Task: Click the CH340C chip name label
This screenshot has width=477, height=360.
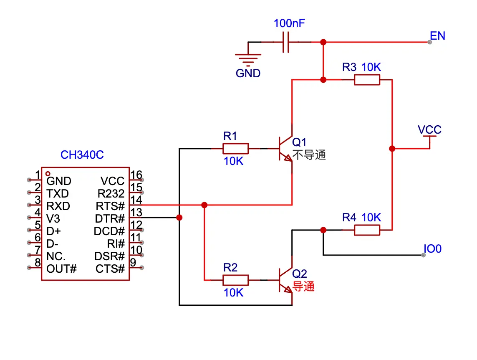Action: pyautogui.click(x=82, y=155)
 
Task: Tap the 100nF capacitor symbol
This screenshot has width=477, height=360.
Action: pyautogui.click(x=285, y=42)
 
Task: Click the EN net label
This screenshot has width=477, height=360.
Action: pyautogui.click(x=437, y=36)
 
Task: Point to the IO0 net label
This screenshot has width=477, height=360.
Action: pyautogui.click(x=432, y=249)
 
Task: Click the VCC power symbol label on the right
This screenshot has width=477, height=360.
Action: pyautogui.click(x=429, y=130)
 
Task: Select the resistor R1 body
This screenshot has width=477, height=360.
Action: pyautogui.click(x=235, y=149)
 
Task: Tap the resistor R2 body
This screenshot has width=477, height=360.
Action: pyautogui.click(x=235, y=280)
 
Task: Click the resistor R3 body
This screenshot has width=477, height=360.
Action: pyautogui.click(x=367, y=80)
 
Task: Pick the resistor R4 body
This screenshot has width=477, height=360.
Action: pyautogui.click(x=367, y=230)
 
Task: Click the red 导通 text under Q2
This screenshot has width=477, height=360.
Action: pyautogui.click(x=303, y=286)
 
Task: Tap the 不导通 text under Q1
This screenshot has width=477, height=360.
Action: pyautogui.click(x=309, y=155)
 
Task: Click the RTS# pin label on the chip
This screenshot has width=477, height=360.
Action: pyautogui.click(x=110, y=206)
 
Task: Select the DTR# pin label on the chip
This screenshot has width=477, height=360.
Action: pyautogui.click(x=110, y=218)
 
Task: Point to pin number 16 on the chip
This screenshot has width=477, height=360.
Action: pyautogui.click(x=136, y=175)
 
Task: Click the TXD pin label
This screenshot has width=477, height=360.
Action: pyautogui.click(x=58, y=194)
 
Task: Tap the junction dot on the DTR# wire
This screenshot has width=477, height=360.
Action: pyautogui.click(x=179, y=218)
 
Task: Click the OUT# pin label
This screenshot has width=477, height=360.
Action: pyautogui.click(x=61, y=268)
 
